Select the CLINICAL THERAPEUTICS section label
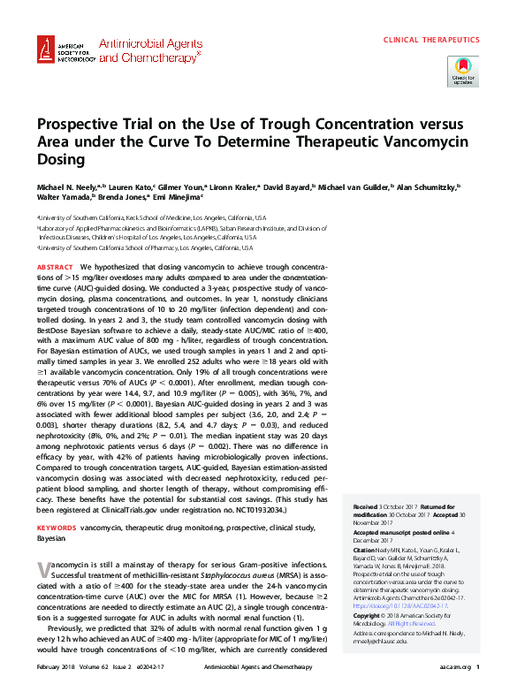point(431,40)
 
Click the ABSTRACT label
point(55,266)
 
